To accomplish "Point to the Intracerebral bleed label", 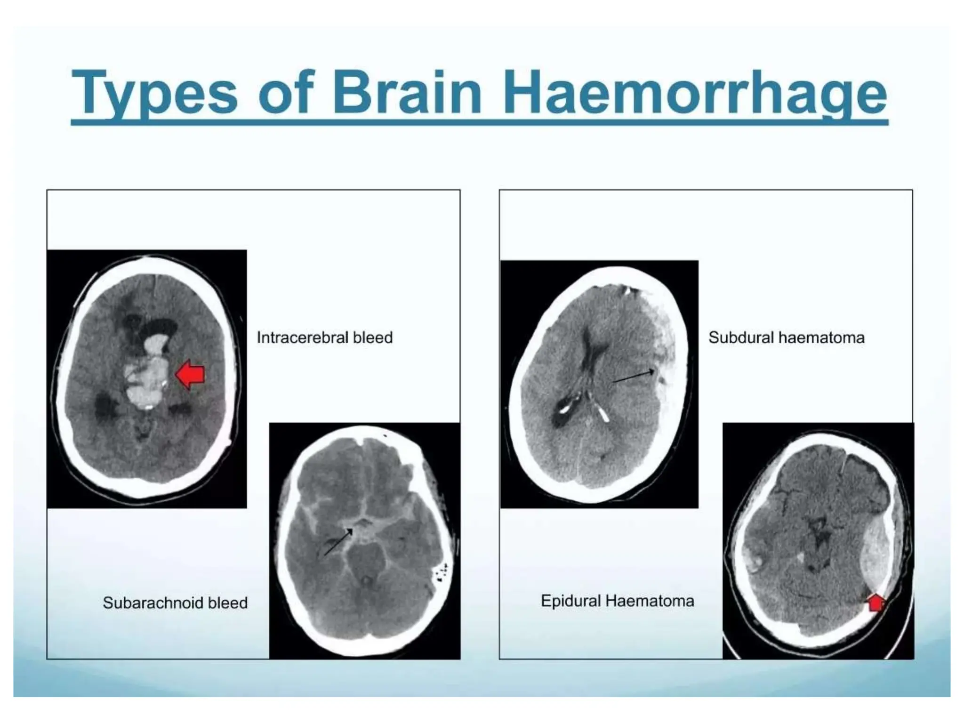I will pyautogui.click(x=324, y=337).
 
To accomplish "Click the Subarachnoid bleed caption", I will pyautogui.click(x=175, y=603).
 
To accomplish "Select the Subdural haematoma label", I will pyautogui.click(x=786, y=337).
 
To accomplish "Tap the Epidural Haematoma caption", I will pyautogui.click(x=617, y=601).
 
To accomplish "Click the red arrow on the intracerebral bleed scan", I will pyautogui.click(x=190, y=375).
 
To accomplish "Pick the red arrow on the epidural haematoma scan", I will pyautogui.click(x=876, y=602).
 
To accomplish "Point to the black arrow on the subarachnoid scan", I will pyautogui.click(x=338, y=541).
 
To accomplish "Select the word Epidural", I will pyautogui.click(x=571, y=601).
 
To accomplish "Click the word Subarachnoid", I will pyautogui.click(x=153, y=603).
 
